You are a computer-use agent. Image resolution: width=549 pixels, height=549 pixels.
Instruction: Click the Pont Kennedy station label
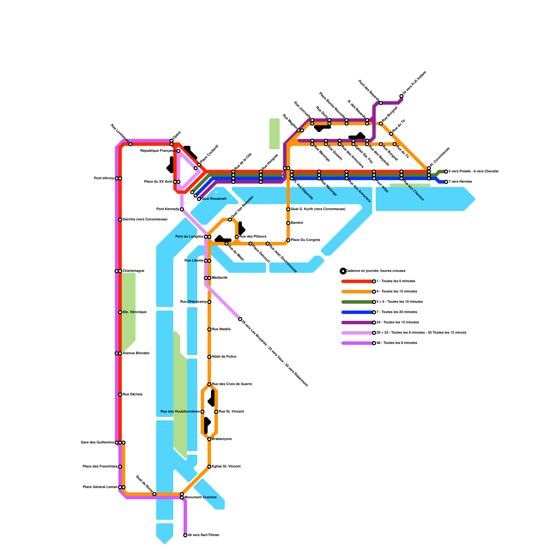pos(168,209)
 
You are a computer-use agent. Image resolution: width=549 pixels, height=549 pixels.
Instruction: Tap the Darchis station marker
pos(120,220)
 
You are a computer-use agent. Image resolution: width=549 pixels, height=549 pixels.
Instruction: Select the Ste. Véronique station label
pos(135,312)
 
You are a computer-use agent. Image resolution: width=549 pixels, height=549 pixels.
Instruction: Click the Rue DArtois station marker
pos(120,395)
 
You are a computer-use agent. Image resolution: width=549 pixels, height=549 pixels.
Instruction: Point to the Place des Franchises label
pos(100,467)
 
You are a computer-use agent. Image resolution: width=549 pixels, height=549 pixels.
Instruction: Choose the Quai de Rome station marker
pos(154,494)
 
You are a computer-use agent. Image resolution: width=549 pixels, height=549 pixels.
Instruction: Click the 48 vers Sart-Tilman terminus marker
pos(185,535)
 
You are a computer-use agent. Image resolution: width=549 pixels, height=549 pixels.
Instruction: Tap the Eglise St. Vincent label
pos(226,467)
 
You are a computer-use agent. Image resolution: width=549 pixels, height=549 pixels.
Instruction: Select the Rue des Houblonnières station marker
pos(202,412)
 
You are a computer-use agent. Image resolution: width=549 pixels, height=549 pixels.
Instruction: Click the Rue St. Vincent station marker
pos(216,412)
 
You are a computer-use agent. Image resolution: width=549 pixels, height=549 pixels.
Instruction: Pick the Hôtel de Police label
pos(224,357)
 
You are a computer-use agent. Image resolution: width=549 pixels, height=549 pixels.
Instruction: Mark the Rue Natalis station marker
pos(209,329)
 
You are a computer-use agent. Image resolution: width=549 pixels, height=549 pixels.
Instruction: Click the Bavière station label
pos(297,223)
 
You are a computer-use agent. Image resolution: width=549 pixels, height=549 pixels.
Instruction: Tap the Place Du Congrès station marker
pos(288,240)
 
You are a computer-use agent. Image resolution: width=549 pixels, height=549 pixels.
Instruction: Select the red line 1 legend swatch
pos(357,281)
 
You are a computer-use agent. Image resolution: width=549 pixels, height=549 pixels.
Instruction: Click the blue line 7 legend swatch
pos(357,312)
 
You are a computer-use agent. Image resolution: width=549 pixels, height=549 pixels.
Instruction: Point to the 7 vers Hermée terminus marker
pos(446,182)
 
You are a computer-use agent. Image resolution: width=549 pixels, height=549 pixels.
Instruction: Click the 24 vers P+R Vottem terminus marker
pos(401,96)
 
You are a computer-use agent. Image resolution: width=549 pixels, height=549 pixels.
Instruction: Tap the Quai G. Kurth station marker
pos(288,209)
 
